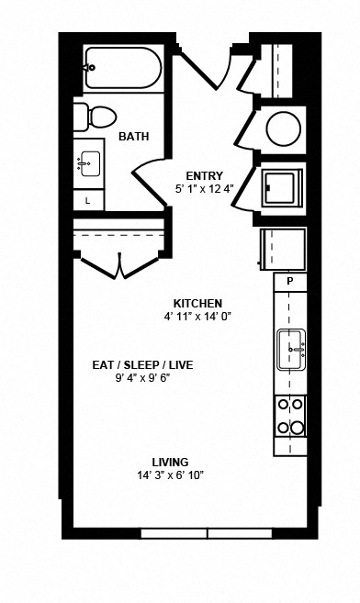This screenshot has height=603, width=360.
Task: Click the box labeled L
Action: pos(88,199)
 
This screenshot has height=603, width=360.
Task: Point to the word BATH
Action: pos(133,138)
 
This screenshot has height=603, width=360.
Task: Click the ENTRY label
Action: pos(204,175)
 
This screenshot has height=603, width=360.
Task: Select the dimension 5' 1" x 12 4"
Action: pos(204,189)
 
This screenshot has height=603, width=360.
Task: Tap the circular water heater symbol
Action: pos(282,128)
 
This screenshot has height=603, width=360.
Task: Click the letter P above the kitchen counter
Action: pos(289,281)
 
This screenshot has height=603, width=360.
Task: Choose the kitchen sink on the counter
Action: pos(291,349)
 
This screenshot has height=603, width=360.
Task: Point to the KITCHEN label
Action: pos(197,303)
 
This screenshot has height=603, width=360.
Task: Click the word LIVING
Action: pos(170,462)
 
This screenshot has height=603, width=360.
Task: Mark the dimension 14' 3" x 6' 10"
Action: pos(170,475)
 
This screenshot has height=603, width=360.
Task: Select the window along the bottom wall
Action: pos(208,533)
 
